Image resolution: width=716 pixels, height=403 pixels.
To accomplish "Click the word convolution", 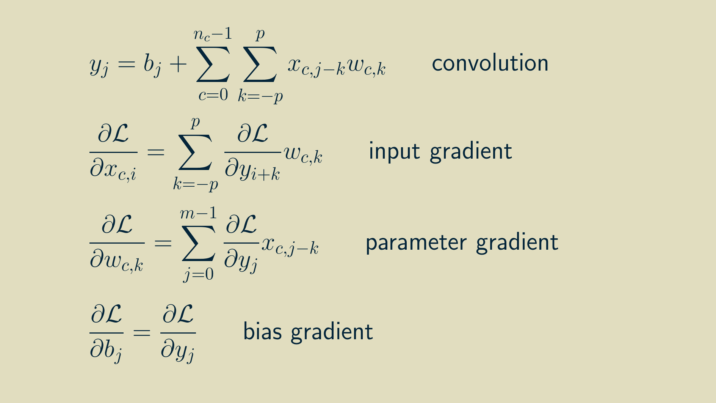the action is (490, 63).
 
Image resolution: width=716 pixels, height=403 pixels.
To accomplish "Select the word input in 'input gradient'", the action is (394, 151).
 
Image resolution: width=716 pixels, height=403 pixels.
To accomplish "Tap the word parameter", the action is (415, 243).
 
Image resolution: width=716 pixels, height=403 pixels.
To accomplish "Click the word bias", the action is (262, 332).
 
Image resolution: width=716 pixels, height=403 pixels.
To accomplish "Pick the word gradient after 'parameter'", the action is (517, 243).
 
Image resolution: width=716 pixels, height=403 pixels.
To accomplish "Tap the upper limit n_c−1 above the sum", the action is (213, 35).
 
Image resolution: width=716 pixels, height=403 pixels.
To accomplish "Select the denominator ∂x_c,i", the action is (113, 170).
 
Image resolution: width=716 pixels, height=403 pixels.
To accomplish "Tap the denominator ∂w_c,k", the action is (117, 261).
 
